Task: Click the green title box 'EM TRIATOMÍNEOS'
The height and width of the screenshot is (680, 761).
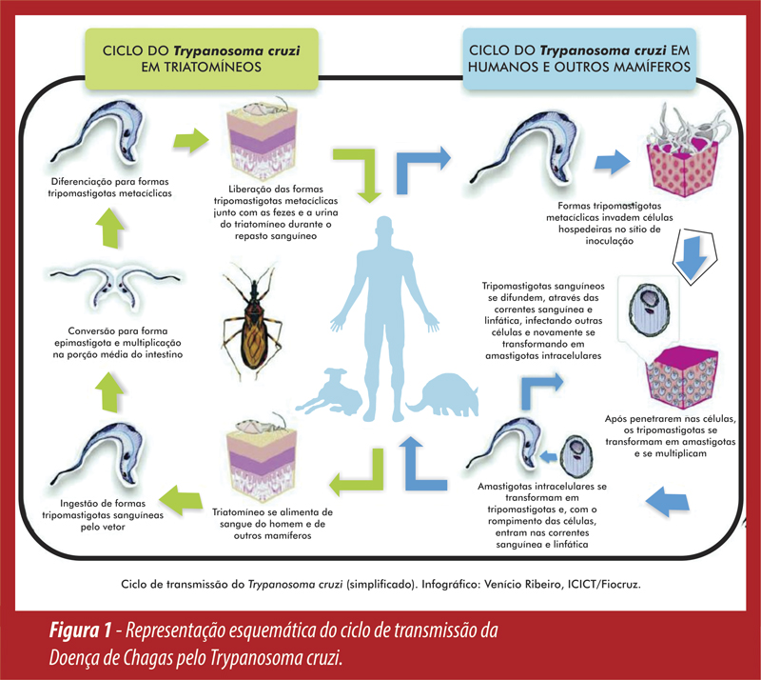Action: click(x=200, y=57)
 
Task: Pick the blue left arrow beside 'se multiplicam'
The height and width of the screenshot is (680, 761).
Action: click(x=672, y=500)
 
